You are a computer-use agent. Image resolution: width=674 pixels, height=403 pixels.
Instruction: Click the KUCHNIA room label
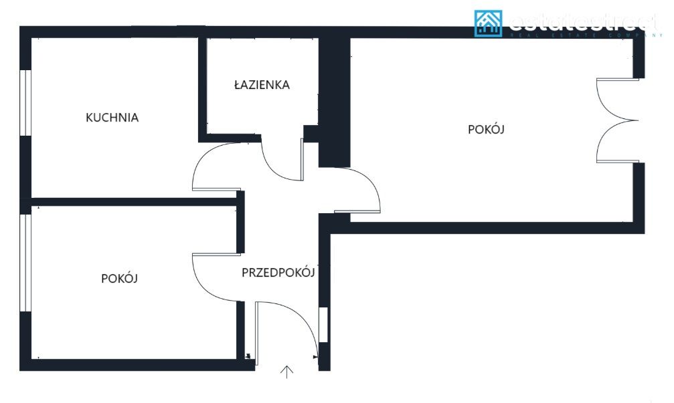112,118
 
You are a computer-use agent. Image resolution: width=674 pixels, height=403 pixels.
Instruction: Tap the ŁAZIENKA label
262,85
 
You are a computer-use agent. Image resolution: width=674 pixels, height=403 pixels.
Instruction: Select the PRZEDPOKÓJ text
278,272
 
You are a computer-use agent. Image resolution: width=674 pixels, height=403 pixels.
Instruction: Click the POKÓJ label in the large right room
485,130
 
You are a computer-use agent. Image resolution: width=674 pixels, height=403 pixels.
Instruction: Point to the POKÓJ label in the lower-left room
119,278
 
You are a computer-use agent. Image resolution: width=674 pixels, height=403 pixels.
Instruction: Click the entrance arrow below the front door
287,372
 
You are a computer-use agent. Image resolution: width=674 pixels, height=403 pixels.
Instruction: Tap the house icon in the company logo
488,23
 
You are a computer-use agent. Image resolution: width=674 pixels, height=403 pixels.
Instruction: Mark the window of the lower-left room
26,263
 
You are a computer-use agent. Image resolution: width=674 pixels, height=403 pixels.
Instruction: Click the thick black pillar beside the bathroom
334,100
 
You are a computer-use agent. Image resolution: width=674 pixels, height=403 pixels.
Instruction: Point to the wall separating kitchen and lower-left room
134,201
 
